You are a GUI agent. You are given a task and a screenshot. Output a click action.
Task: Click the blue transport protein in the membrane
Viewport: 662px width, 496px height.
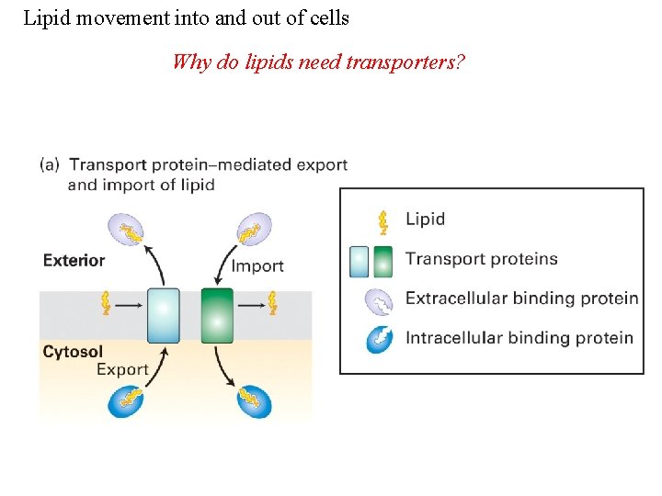[x=164, y=315]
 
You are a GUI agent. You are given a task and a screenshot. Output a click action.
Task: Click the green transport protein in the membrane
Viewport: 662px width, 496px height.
[x=217, y=315]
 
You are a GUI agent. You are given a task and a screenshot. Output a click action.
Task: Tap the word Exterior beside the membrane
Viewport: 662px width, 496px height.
[x=74, y=260]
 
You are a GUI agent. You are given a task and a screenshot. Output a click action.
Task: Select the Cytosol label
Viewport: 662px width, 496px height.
[x=73, y=351]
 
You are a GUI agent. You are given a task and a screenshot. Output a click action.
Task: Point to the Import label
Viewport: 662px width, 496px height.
[x=257, y=266]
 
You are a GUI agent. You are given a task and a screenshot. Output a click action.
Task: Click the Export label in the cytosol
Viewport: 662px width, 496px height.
[x=122, y=369]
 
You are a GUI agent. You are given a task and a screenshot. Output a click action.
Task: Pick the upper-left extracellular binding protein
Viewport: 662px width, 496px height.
[x=127, y=230]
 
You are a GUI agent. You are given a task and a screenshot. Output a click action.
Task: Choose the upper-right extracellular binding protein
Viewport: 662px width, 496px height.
[x=253, y=230]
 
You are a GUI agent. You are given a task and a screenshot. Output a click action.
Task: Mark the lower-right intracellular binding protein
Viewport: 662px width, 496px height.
[x=253, y=400]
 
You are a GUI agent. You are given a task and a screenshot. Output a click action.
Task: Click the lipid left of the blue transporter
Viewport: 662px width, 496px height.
[x=107, y=301]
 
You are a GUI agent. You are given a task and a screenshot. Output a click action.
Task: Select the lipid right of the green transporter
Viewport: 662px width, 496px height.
[x=272, y=301]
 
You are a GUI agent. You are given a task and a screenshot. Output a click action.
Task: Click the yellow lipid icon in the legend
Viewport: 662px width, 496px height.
[x=382, y=220]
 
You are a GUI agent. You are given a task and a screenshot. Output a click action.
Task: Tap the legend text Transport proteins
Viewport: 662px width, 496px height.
[x=481, y=258]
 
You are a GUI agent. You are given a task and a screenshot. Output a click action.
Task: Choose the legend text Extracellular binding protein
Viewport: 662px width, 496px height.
[x=521, y=298]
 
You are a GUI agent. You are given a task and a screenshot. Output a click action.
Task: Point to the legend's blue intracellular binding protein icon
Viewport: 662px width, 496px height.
[x=379, y=338]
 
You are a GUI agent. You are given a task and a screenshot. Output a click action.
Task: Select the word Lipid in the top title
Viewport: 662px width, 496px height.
[x=45, y=17]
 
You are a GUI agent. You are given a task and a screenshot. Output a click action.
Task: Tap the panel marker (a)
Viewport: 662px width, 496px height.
[x=50, y=165]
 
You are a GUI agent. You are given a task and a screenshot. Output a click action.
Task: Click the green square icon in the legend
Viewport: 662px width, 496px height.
[x=384, y=261]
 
